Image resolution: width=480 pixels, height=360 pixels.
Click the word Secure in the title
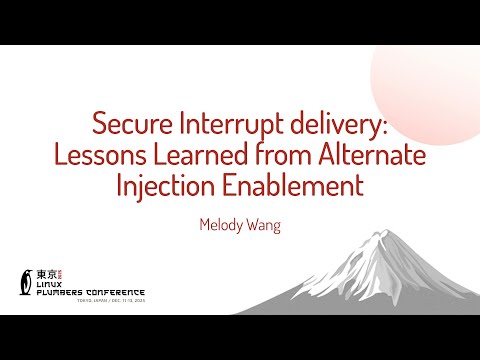coord(128,125)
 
